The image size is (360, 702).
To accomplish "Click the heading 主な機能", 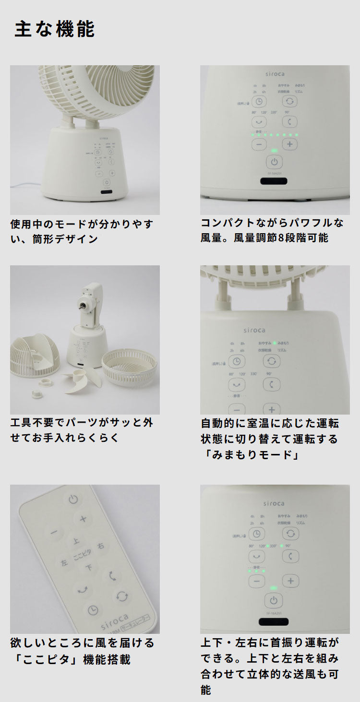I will click(x=55, y=29).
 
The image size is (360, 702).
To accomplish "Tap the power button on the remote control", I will click(x=73, y=499).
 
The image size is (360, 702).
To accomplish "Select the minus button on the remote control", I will click(x=53, y=532).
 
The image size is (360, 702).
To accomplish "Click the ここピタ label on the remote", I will click(x=82, y=555).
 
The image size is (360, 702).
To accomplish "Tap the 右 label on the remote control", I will click(x=100, y=546).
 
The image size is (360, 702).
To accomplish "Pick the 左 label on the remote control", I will click(x=64, y=563).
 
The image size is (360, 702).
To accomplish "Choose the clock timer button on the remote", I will click(x=93, y=610).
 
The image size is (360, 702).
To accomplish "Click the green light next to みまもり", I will click(x=275, y=343).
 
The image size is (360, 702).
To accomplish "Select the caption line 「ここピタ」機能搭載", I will click(x=70, y=659).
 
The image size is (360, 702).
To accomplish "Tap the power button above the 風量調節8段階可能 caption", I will click(x=274, y=162).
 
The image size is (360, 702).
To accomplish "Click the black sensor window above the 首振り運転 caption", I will click(x=274, y=622).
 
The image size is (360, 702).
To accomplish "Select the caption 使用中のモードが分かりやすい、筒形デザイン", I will click(x=82, y=231).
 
